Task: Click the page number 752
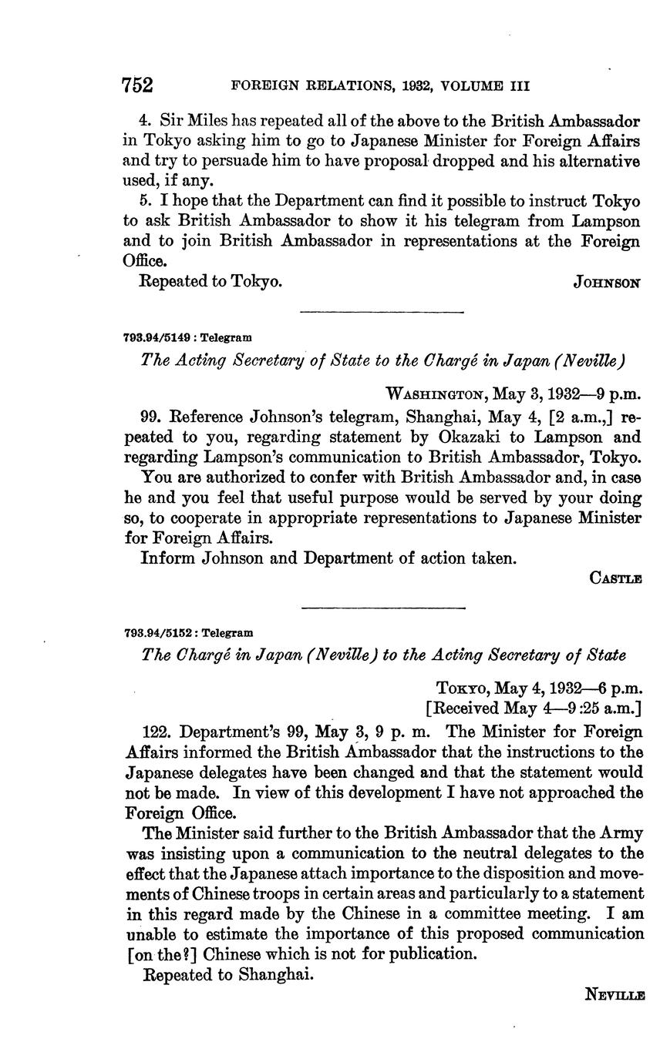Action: pyautogui.click(x=139, y=85)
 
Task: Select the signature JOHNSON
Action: pyautogui.click(x=607, y=283)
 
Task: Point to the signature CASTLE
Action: pyautogui.click(x=616, y=578)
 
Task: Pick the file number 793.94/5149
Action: pyautogui.click(x=159, y=337)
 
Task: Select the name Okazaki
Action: pyautogui.click(x=482, y=437)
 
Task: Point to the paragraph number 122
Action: pyautogui.click(x=158, y=731)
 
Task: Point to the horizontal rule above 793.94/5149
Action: pyautogui.click(x=381, y=313)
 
